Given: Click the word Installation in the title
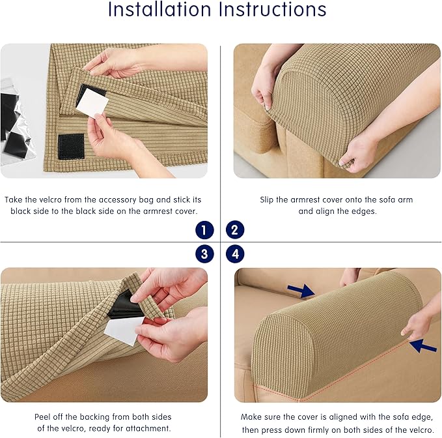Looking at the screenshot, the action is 159,9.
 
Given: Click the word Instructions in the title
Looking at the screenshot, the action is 273,9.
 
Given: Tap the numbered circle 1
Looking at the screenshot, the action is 204,230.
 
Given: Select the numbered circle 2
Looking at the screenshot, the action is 235,230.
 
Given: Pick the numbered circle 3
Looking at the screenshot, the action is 204,254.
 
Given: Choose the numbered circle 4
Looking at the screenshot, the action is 235,254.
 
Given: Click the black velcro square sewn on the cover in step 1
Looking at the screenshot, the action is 71,146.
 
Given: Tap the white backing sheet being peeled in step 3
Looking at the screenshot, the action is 124,331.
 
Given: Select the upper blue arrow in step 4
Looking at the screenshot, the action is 301,291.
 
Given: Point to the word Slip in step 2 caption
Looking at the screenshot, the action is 266,200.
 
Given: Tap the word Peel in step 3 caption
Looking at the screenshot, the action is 41,417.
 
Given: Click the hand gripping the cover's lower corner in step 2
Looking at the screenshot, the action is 357,149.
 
